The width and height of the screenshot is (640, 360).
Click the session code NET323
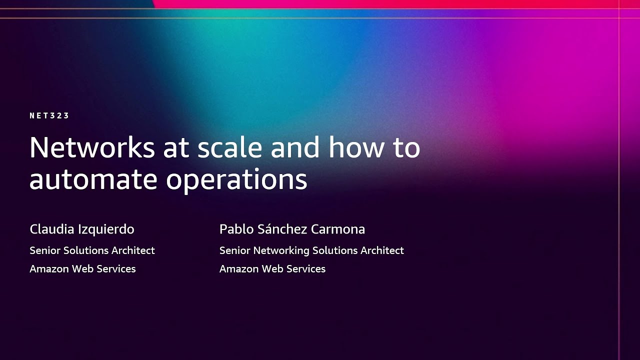(x=49, y=115)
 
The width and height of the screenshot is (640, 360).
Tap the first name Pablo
(x=236, y=229)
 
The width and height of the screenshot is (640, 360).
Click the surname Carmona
(x=338, y=229)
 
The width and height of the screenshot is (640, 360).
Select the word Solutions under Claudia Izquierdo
(x=86, y=250)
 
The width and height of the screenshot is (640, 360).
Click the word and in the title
(x=294, y=148)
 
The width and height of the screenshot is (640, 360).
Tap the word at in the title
(x=176, y=148)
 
